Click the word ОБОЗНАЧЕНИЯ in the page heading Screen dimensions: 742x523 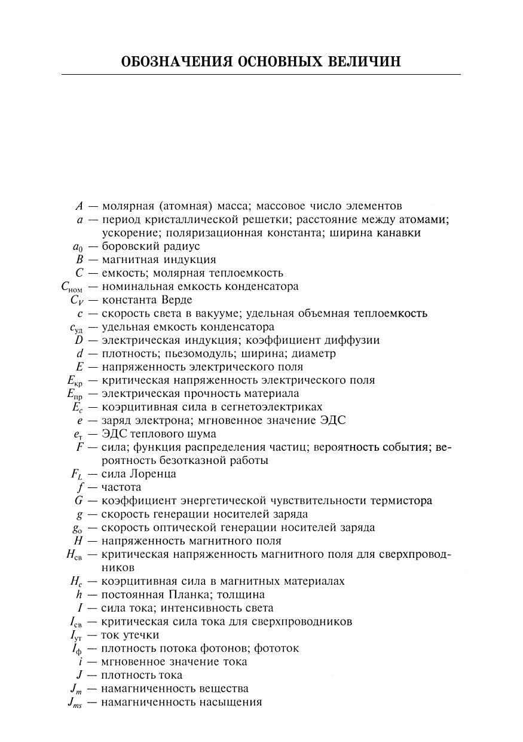coord(176,62)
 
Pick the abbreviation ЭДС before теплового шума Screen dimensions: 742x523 coord(114,433)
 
